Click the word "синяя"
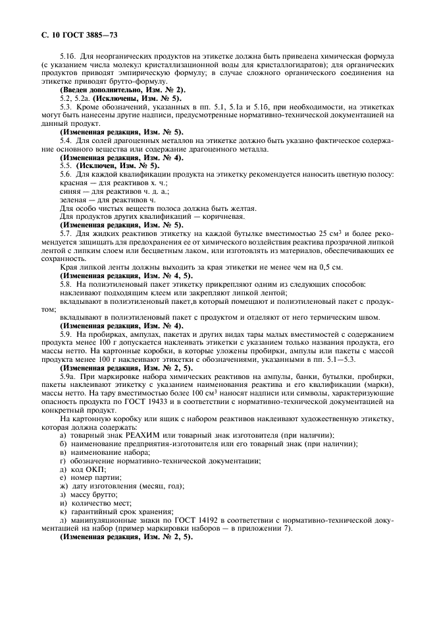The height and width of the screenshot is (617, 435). click(71, 191)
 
